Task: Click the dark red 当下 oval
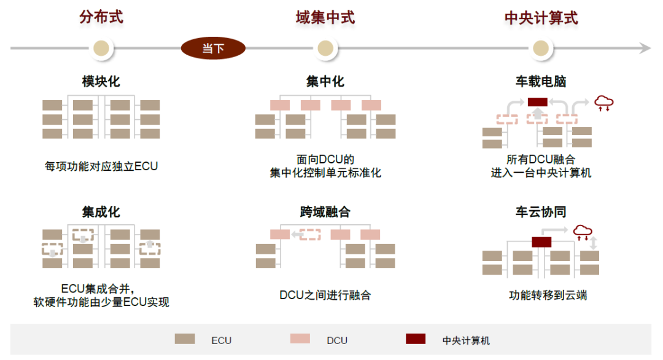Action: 213,48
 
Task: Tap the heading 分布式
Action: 101,17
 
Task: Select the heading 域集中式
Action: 325,17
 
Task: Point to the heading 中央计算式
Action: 541,18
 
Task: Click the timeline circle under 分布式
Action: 101,48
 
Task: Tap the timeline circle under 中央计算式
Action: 540,48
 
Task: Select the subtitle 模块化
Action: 101,82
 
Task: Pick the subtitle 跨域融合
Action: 325,213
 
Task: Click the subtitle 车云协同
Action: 541,213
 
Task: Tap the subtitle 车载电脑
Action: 541,82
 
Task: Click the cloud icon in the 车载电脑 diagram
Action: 603,102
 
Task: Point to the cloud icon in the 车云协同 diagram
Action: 583,232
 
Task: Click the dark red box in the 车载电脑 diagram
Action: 537,101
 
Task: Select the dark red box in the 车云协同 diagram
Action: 541,241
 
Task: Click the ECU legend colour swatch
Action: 185,338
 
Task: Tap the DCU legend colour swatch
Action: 300,338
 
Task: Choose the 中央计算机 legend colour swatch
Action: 416,338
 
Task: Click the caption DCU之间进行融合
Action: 325,295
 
